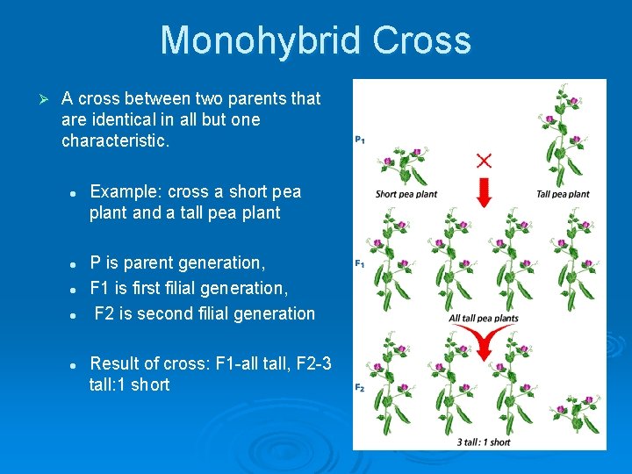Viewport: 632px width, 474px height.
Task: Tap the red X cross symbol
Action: click(x=484, y=160)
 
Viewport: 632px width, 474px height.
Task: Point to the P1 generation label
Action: click(x=361, y=139)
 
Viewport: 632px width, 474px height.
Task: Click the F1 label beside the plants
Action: click(x=360, y=263)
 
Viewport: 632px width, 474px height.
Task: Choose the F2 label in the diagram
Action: click(x=360, y=387)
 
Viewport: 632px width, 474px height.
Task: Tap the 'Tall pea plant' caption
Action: click(x=563, y=194)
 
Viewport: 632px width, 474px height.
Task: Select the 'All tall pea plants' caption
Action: click(x=484, y=318)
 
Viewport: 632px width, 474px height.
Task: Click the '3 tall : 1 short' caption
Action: click(x=484, y=442)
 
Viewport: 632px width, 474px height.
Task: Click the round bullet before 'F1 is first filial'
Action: click(x=76, y=289)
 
